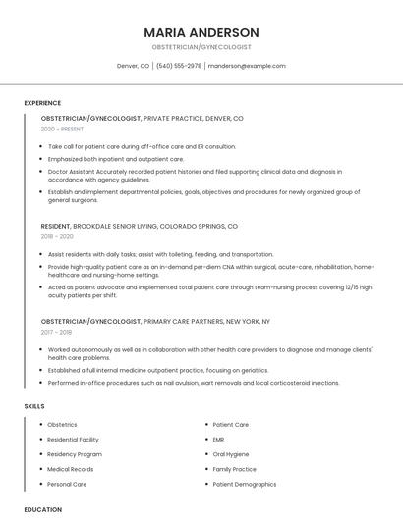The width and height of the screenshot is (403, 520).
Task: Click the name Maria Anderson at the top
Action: pos(201,32)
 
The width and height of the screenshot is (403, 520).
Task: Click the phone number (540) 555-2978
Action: pos(178,66)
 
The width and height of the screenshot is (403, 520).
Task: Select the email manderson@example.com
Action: pos(248,66)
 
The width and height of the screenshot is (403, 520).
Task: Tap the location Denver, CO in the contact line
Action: pos(133,66)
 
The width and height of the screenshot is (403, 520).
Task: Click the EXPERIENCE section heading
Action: pos(42,103)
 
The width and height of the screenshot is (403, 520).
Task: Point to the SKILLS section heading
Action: pos(34,406)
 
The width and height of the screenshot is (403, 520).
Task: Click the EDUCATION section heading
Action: pos(42,509)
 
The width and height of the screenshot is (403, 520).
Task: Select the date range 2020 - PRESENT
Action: pos(62,129)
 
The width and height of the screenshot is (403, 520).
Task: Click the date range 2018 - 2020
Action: pos(57,236)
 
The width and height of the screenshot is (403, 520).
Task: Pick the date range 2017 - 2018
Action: pos(56,332)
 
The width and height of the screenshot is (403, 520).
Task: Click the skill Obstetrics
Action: pos(62,425)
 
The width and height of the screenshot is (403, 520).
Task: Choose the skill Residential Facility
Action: pos(74,440)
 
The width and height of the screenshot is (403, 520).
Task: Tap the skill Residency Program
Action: pos(75,454)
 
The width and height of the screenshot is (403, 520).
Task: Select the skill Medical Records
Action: pos(71,469)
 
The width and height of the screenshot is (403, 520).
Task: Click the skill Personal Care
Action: pos(67,484)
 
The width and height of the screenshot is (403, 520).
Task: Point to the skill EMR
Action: pos(218,440)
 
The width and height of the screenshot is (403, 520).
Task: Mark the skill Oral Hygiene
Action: pos(229,454)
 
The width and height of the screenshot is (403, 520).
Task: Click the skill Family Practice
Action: pos(234,469)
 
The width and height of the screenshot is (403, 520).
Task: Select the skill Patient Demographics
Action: pos(245,484)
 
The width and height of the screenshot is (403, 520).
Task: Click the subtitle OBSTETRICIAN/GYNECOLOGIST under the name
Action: pos(201,47)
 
